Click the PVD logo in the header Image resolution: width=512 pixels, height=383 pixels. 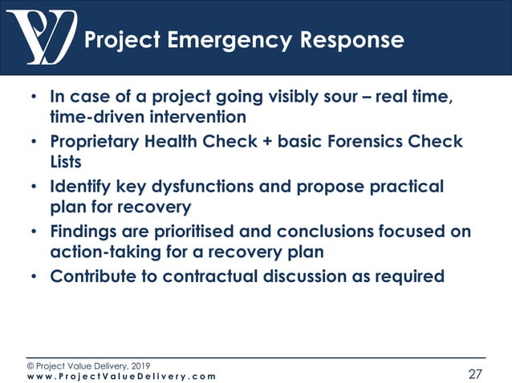click(x=41, y=37)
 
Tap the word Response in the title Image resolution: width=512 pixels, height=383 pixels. click(x=336, y=39)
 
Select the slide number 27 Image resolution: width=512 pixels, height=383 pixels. click(x=477, y=373)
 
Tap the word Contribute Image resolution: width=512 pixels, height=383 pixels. click(x=95, y=276)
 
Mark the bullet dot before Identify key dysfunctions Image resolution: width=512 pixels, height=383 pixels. click(x=33, y=187)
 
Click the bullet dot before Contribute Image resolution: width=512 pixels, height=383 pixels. click(x=33, y=277)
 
